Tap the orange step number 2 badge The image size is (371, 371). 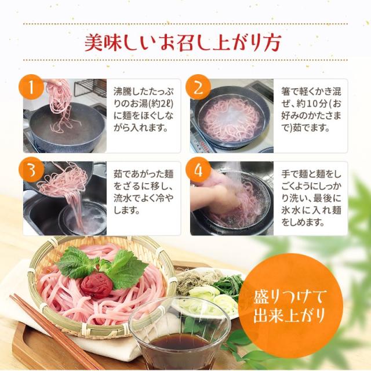(x=198, y=89)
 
